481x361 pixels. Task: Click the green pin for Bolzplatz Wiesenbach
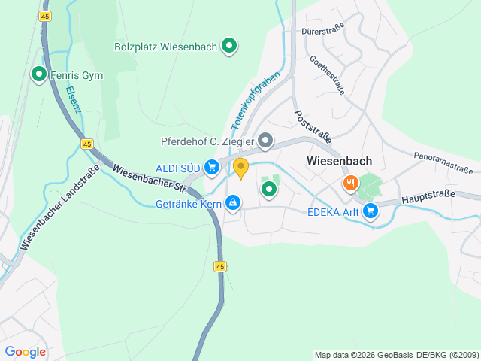click(x=230, y=46)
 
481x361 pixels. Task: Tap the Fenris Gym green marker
click(x=38, y=74)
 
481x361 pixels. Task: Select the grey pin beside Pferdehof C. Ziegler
click(x=265, y=141)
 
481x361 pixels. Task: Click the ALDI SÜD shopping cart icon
click(x=212, y=167)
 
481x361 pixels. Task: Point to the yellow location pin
click(x=240, y=168)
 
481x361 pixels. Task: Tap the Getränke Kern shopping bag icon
click(x=234, y=202)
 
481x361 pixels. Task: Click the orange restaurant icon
click(x=350, y=183)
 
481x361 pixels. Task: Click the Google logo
click(x=25, y=351)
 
